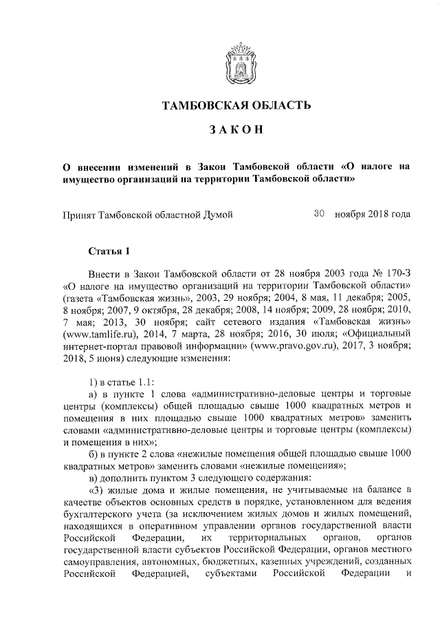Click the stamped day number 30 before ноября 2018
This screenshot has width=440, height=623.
318,213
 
